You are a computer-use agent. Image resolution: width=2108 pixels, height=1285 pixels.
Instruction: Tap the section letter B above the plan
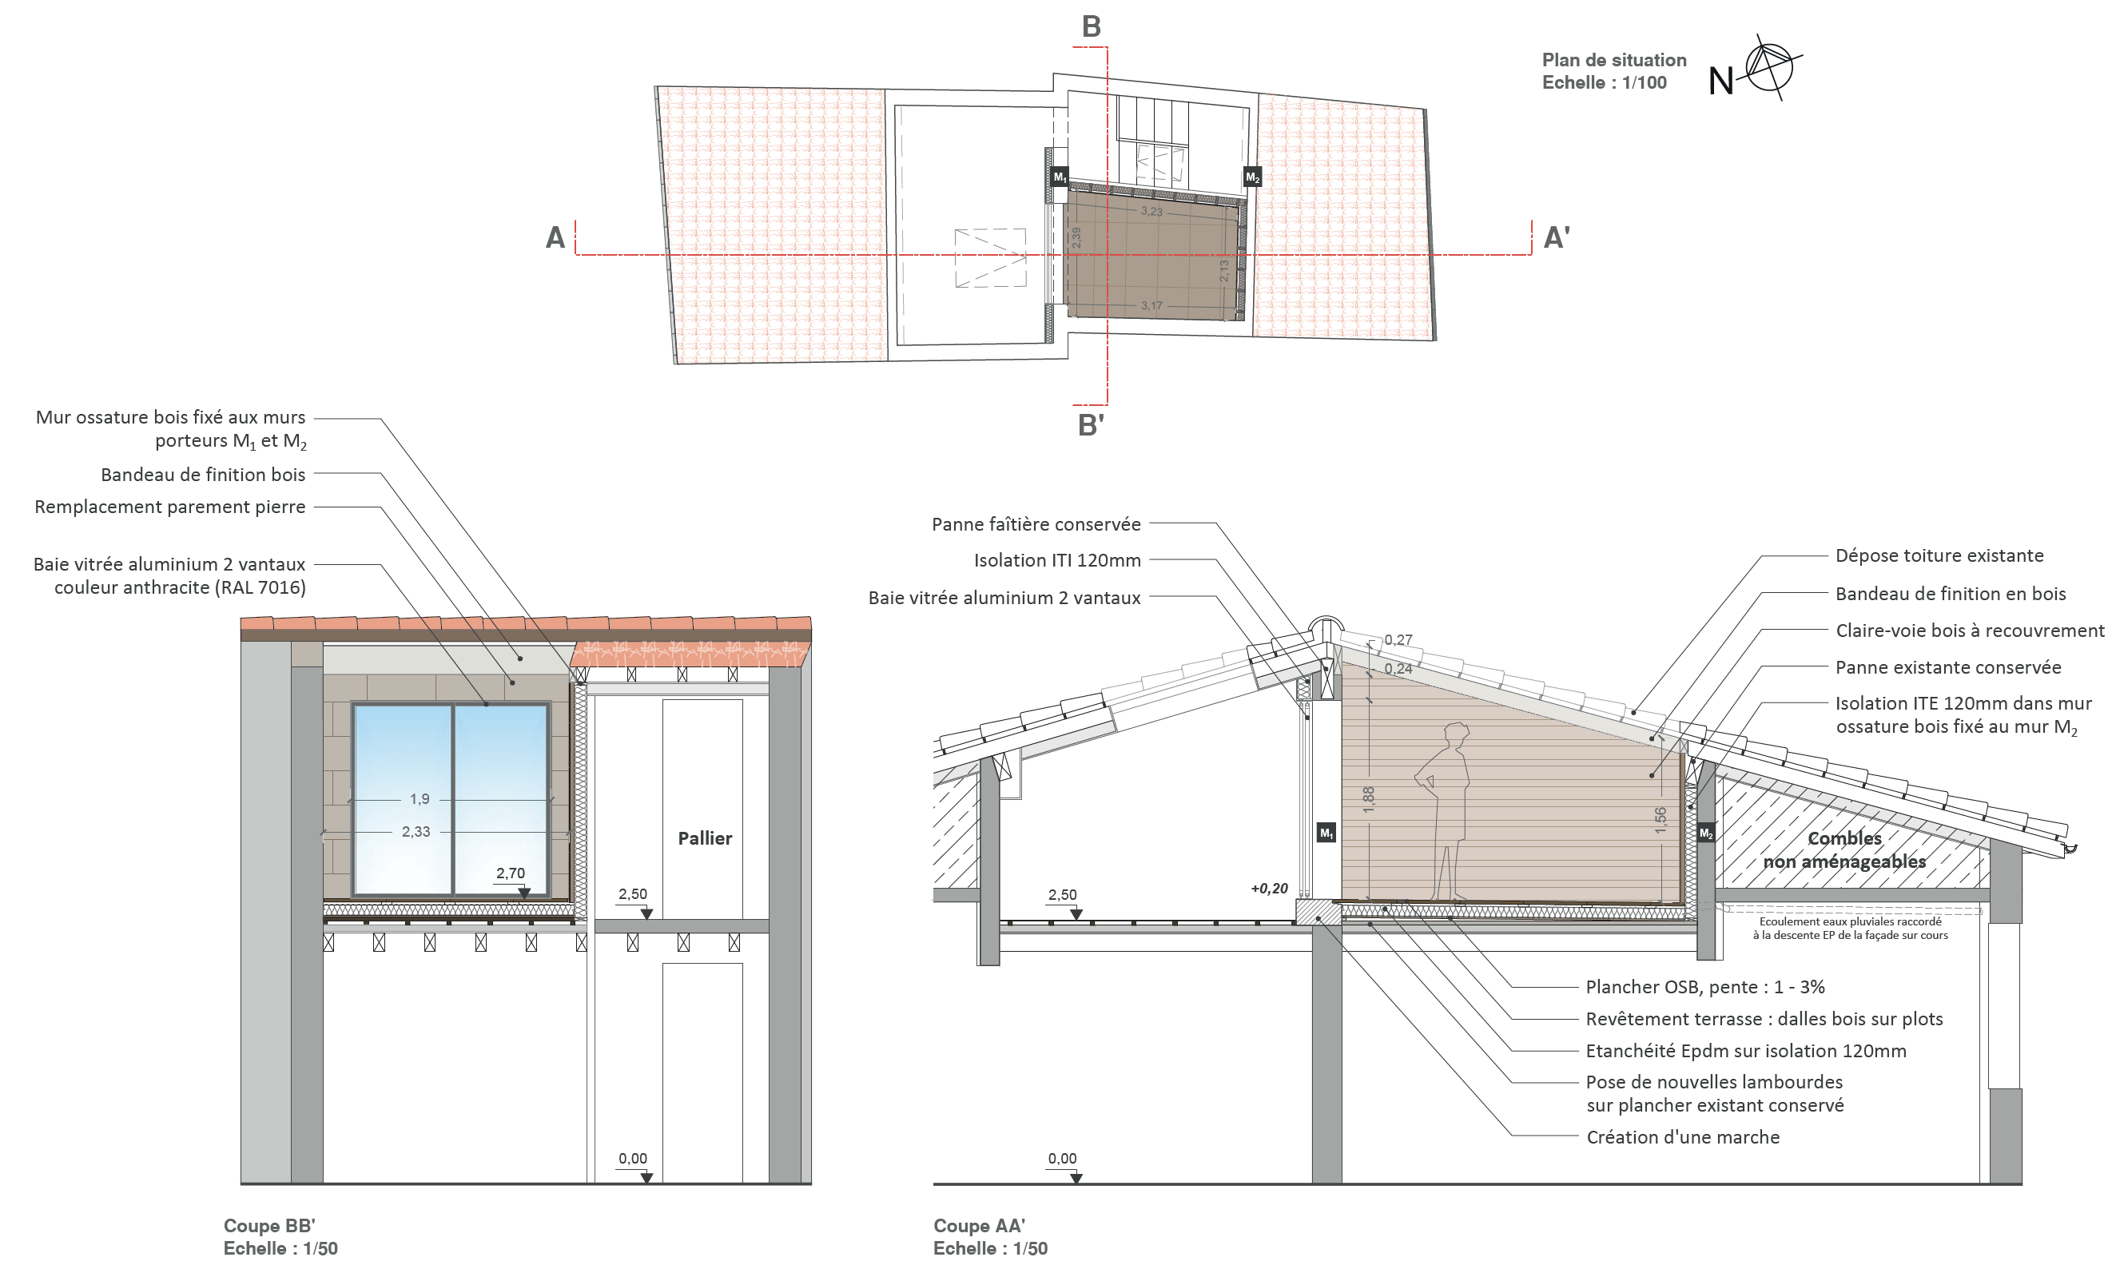click(x=1091, y=26)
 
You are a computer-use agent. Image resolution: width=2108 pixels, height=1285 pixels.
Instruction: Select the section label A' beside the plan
click(x=1556, y=237)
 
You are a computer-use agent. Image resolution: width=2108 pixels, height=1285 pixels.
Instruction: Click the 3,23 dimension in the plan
click(x=1151, y=211)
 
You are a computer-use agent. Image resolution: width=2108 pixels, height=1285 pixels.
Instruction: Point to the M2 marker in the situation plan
click(x=1251, y=177)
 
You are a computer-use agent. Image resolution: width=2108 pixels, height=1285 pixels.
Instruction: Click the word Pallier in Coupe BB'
click(x=705, y=838)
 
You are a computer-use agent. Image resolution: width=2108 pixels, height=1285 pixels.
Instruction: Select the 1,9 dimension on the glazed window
click(x=420, y=799)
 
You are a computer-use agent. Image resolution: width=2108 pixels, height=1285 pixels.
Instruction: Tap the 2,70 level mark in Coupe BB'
click(x=511, y=873)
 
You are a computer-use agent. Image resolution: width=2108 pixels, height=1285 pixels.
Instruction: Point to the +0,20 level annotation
click(x=1269, y=889)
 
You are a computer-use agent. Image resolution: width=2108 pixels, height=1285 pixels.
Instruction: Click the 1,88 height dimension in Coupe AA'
click(x=1369, y=798)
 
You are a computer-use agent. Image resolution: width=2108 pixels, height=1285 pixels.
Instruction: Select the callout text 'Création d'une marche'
click(x=1682, y=1137)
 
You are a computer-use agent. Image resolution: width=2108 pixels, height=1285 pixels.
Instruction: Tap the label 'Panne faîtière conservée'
click(x=1036, y=524)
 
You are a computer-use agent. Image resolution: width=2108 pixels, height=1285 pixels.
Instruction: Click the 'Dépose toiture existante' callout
click(x=1939, y=556)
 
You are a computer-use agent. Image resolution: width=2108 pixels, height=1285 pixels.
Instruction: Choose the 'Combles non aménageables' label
click(x=1844, y=849)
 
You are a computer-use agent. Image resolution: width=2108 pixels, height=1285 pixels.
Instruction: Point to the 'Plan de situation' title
click(x=1613, y=60)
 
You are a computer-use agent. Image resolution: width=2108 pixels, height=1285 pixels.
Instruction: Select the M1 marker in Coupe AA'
click(x=1326, y=833)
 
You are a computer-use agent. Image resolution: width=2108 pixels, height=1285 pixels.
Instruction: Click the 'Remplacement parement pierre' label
click(x=169, y=507)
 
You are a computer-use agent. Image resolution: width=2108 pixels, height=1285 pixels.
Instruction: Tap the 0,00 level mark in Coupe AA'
click(x=1062, y=1159)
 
